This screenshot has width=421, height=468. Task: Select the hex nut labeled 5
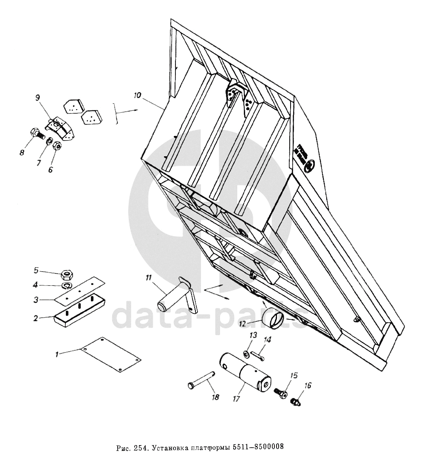[67, 273]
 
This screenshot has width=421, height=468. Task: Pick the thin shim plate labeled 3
[81, 290]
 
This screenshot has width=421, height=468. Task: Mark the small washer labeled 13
[247, 353]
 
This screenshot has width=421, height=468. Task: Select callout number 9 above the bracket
[38, 98]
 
